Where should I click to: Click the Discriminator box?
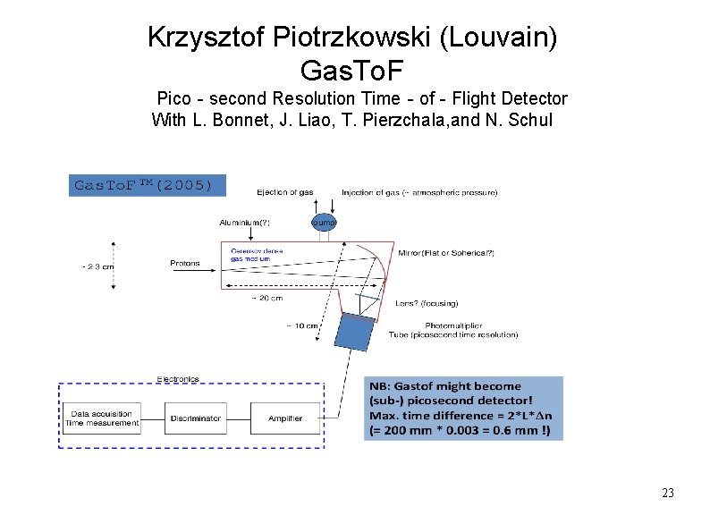193,418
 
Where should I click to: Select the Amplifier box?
285,418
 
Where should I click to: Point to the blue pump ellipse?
324,222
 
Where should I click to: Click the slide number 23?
667,493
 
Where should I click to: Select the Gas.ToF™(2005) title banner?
144,185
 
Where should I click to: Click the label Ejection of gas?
285,192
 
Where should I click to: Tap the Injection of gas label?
419,192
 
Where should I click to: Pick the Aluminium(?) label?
244,222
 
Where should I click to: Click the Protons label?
185,263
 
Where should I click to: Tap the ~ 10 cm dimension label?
301,325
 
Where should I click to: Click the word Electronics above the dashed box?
178,379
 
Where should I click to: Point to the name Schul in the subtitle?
531,120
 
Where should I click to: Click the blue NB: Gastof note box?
465,408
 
